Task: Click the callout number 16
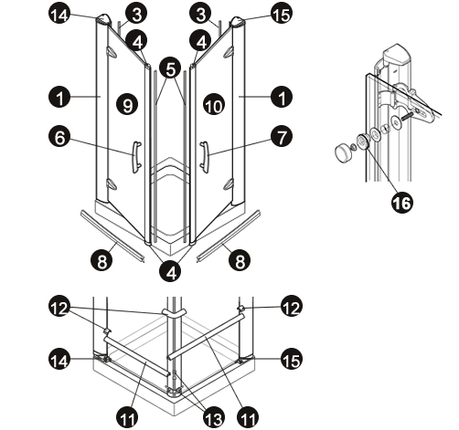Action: [x=402, y=203]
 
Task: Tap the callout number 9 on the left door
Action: [x=128, y=105]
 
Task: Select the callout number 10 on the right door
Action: [x=214, y=105]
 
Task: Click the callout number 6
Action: [x=59, y=137]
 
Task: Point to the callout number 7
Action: [x=282, y=137]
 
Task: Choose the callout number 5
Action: [x=171, y=69]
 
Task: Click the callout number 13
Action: [x=214, y=417]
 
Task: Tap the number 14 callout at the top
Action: [x=59, y=15]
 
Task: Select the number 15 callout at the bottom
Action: [x=292, y=360]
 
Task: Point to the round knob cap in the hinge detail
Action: [x=344, y=153]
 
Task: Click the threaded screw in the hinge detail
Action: [x=407, y=117]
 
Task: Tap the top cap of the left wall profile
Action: [x=103, y=19]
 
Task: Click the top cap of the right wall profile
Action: [x=238, y=22]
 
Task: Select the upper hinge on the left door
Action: [x=112, y=52]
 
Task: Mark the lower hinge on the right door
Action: [x=229, y=184]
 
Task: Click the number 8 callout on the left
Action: [x=101, y=260]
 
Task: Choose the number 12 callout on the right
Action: [x=292, y=307]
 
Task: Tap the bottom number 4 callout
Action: [x=171, y=272]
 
